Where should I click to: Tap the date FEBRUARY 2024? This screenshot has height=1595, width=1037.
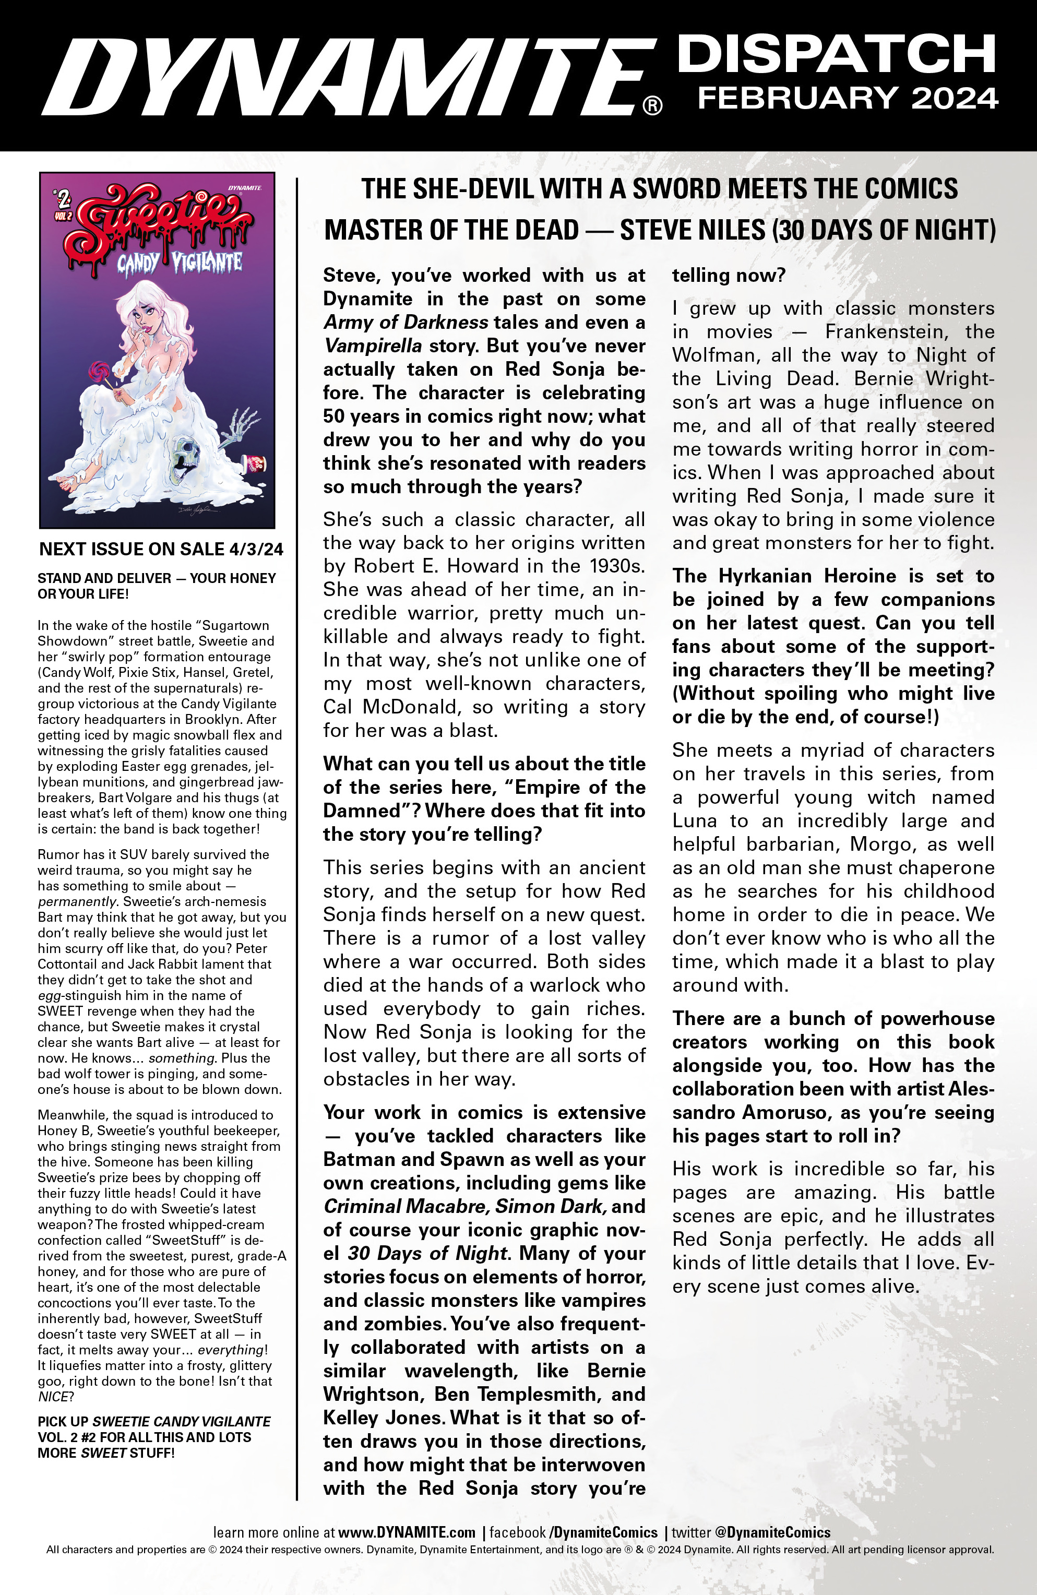pyautogui.click(x=848, y=99)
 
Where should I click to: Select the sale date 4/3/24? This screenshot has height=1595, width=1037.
pyautogui.click(x=256, y=550)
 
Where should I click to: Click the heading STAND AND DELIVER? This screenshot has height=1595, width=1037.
pyautogui.click(x=104, y=578)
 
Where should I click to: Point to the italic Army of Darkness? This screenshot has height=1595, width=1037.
pyautogui.click(x=406, y=323)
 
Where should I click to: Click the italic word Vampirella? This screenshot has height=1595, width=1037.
pyautogui.click(x=373, y=346)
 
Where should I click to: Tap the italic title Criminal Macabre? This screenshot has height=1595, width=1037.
pyautogui.click(x=406, y=1206)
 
